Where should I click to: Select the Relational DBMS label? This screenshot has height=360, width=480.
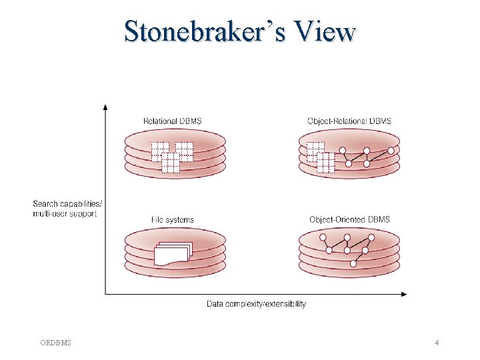tap(172, 121)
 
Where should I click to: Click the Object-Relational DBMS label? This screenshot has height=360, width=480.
tap(349, 121)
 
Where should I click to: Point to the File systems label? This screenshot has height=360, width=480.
tap(172, 219)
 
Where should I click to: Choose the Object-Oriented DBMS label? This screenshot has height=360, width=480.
tap(349, 219)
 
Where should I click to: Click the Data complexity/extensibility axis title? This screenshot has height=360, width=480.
tap(256, 304)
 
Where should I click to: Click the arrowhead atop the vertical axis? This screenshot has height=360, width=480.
tap(105, 107)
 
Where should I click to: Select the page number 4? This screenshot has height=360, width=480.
tap(436, 343)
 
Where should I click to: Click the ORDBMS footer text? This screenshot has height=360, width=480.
tap(56, 343)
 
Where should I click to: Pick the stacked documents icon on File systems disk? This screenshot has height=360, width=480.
tap(172, 254)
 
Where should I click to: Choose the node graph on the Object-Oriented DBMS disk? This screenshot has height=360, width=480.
tap(347, 247)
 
